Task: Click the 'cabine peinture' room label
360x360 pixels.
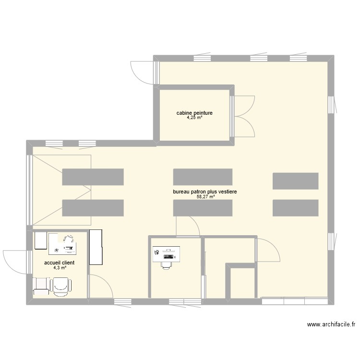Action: coord(194,113)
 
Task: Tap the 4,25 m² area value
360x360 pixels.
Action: coord(194,118)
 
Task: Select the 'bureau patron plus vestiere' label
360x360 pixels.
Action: coord(205,192)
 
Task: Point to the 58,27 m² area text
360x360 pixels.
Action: coord(205,196)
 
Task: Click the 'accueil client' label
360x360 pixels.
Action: coord(60,263)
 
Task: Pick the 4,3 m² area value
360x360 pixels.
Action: coord(60,268)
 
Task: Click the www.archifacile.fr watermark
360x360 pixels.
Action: coord(331,325)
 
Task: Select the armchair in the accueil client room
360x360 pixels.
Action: coord(61,287)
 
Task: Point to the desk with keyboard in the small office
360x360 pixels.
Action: coord(166,254)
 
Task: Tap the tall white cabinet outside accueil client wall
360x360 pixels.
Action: coord(96,247)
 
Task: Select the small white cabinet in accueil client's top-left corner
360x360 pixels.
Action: coord(40,241)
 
